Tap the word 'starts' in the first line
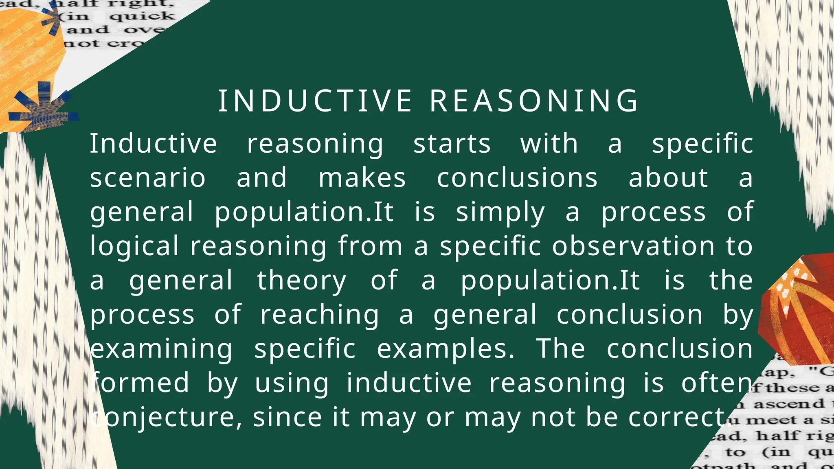pyautogui.click(x=452, y=144)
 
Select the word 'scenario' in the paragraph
pyautogui.click(x=148, y=178)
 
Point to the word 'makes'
pyautogui.click(x=362, y=178)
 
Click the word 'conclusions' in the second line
pyautogui.click(x=517, y=178)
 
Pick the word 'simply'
pyautogui.click(x=500, y=213)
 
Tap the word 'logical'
pyautogui.click(x=134, y=246)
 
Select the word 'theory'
pyautogui.click(x=301, y=281)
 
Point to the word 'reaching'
pyautogui.click(x=320, y=315)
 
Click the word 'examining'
pyautogui.click(x=162, y=349)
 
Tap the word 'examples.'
pyautogui.click(x=446, y=349)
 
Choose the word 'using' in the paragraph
pyautogui.click(x=292, y=384)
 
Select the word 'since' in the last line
pyautogui.click(x=288, y=417)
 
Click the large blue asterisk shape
pyautogui.click(x=43, y=109)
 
